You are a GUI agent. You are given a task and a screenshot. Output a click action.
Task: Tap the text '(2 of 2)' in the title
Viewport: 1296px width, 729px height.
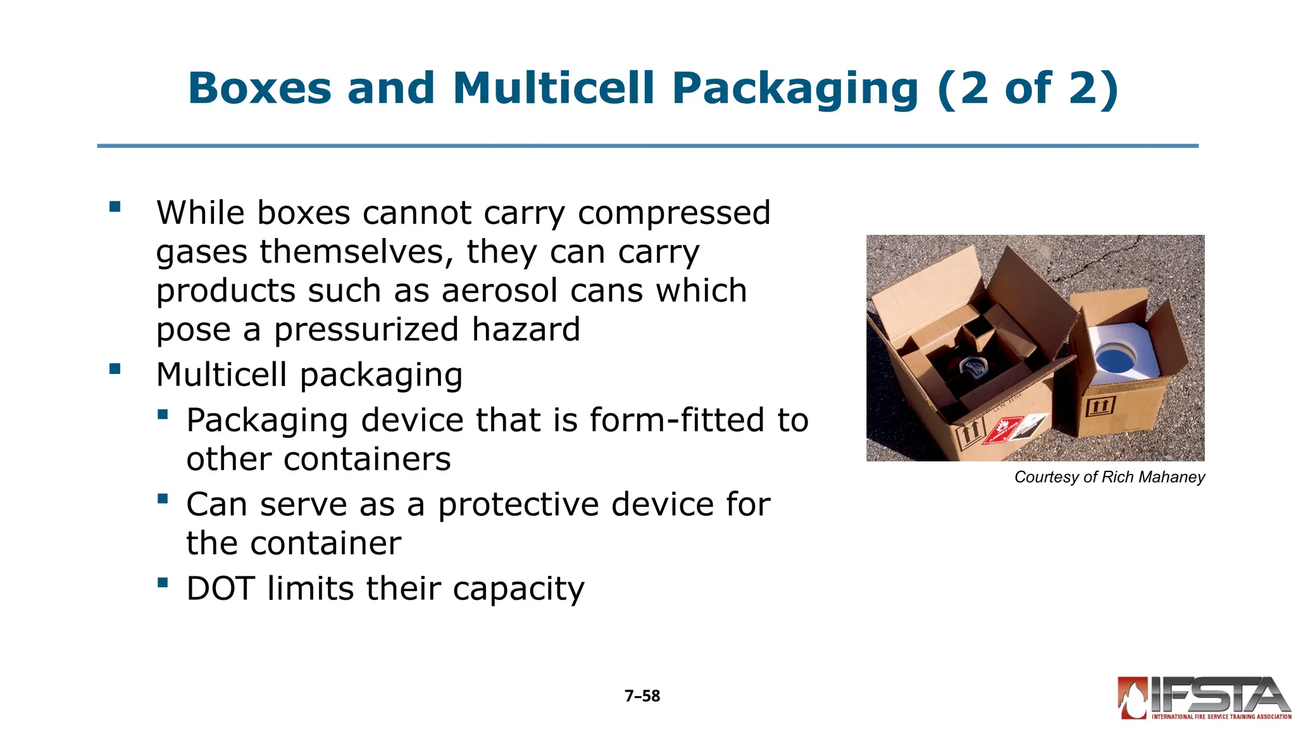point(1028,89)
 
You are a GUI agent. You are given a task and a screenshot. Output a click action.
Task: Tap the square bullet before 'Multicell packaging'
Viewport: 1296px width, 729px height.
point(115,369)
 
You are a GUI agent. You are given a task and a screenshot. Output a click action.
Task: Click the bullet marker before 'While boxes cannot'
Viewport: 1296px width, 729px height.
point(115,207)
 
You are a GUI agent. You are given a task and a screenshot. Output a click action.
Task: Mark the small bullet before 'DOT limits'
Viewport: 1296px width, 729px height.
point(163,582)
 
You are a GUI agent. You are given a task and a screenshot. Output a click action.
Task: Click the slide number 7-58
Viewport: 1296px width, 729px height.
point(642,696)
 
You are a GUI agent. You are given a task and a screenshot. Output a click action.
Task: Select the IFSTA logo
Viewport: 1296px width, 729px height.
point(1204,699)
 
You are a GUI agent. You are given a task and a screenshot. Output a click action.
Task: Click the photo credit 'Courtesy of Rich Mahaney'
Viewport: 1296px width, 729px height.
point(1109,477)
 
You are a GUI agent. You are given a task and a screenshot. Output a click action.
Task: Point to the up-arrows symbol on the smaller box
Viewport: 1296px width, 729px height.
point(1100,405)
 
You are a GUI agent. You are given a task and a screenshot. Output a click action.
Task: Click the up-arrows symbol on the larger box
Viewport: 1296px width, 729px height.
point(969,435)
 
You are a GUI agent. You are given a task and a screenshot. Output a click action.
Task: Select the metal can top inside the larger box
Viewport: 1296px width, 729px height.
point(971,366)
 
